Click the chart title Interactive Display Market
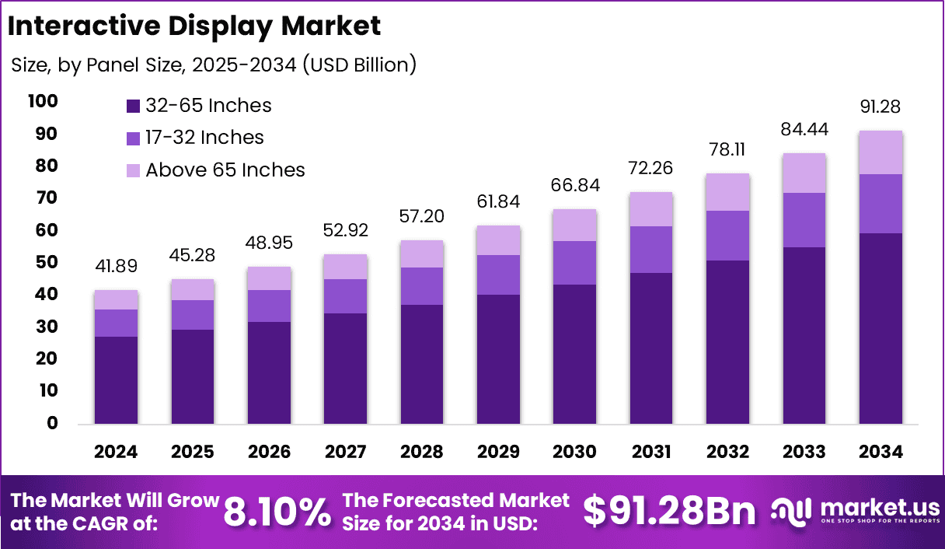pyautogui.click(x=194, y=26)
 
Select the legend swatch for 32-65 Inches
pyautogui.click(x=133, y=106)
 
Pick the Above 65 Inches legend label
pyautogui.click(x=225, y=170)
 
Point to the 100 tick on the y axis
pyautogui.click(x=42, y=102)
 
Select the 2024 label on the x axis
pyautogui.click(x=116, y=452)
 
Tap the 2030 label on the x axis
pyautogui.click(x=574, y=452)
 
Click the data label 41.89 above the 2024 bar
pyautogui.click(x=116, y=266)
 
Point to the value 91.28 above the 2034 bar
pyautogui.click(x=880, y=107)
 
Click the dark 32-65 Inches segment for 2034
pyautogui.click(x=880, y=328)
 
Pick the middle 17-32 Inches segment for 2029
pyautogui.click(x=498, y=274)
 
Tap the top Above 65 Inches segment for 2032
pyautogui.click(x=727, y=192)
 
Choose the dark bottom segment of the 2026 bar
pyautogui.click(x=269, y=372)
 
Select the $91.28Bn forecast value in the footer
pyautogui.click(x=669, y=512)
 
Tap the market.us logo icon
pyautogui.click(x=792, y=510)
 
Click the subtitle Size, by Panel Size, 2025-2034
pyautogui.click(x=214, y=65)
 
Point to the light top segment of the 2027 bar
pyautogui.click(x=345, y=267)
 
